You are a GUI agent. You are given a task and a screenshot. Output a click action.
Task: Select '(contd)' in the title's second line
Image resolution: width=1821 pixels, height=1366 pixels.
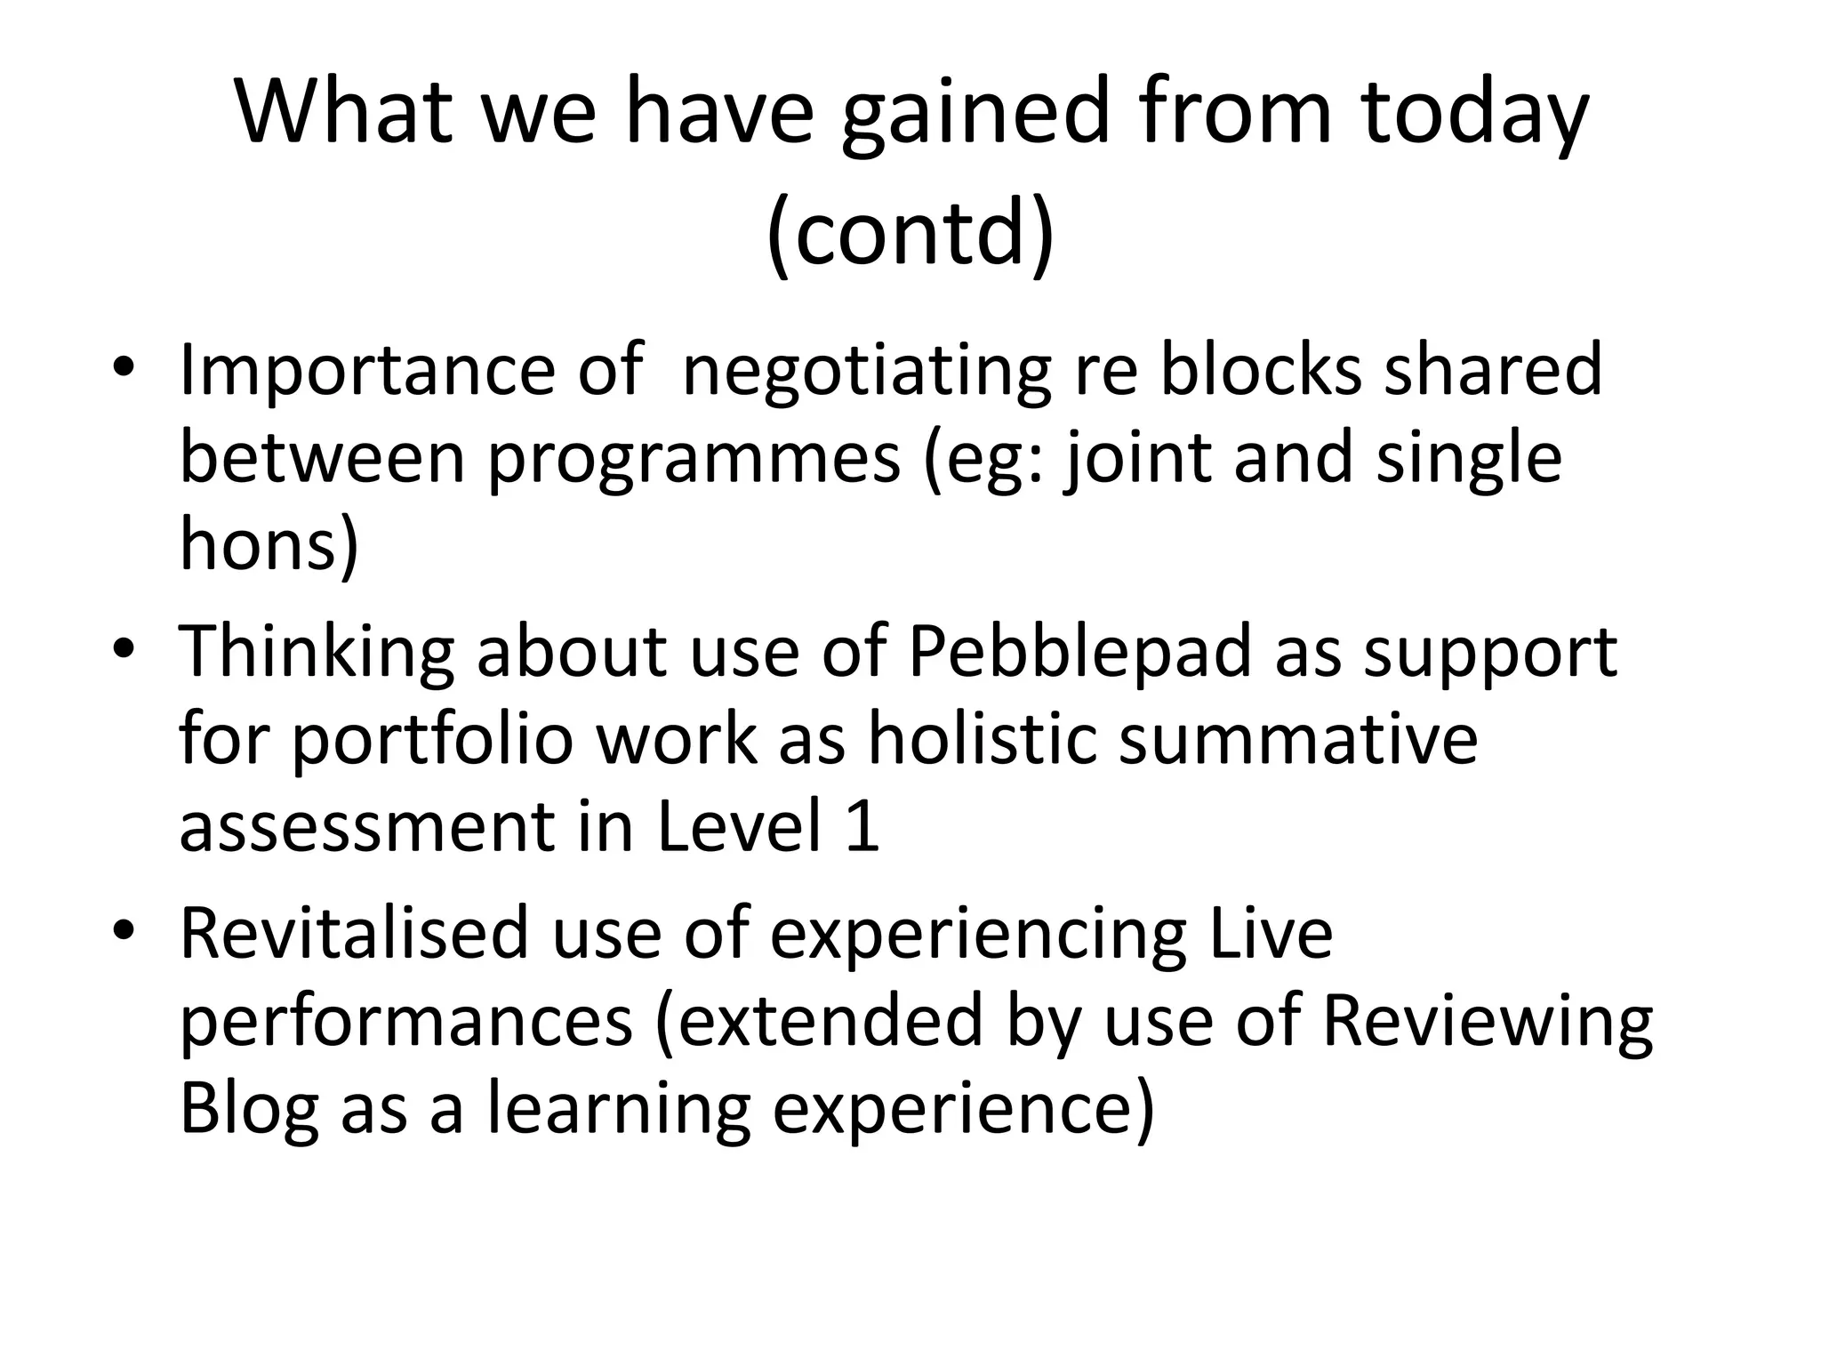click(x=910, y=233)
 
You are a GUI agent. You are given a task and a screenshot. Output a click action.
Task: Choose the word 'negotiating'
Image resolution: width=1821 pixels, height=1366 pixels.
click(x=867, y=372)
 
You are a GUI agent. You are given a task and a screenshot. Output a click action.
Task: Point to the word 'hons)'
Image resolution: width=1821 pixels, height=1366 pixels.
click(x=269, y=544)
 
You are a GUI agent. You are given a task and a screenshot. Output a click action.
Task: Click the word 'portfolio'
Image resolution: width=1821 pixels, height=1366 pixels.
click(x=432, y=740)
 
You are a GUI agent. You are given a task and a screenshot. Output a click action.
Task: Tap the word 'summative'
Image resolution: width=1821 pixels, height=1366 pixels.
click(x=1297, y=740)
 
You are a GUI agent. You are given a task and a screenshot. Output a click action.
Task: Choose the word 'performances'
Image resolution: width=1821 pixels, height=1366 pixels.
click(x=406, y=1021)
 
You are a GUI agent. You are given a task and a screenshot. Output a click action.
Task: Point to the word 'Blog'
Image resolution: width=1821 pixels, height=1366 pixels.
click(x=249, y=1110)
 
